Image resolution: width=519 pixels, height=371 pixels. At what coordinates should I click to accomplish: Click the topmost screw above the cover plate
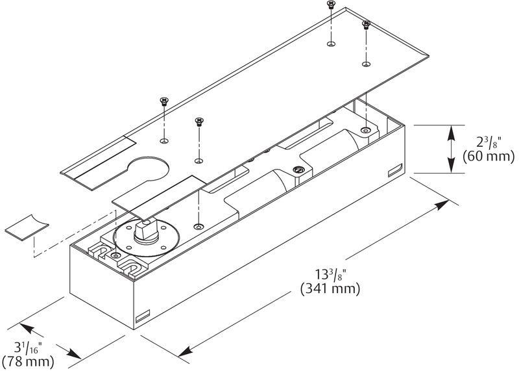click(x=331, y=5)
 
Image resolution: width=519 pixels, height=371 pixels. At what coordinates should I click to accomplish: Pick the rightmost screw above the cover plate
click(x=366, y=25)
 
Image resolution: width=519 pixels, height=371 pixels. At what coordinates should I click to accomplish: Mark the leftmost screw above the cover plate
click(x=163, y=101)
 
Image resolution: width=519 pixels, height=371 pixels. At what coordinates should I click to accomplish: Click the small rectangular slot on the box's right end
click(x=394, y=171)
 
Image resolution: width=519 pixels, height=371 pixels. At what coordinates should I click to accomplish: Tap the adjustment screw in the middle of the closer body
click(x=298, y=170)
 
